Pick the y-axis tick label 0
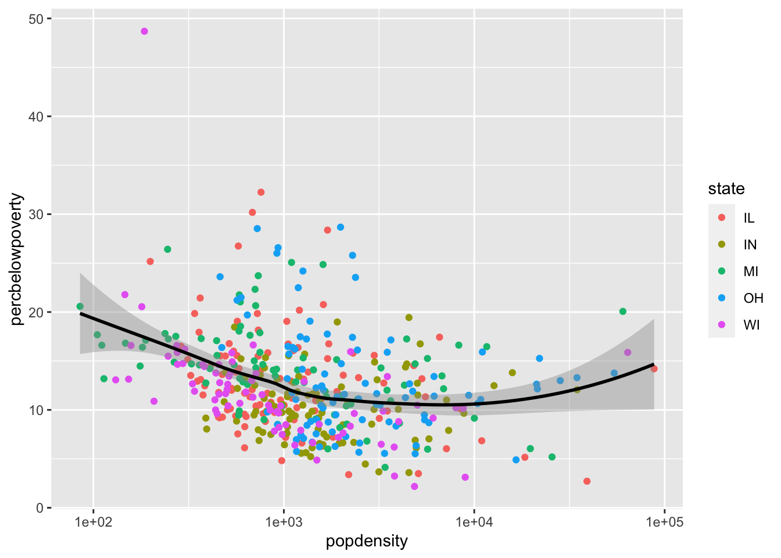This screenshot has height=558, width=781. (40, 508)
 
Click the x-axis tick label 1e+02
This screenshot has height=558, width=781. (93, 522)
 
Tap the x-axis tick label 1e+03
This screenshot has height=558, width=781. (284, 522)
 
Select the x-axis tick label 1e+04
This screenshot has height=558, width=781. (474, 522)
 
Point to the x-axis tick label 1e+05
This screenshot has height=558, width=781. (664, 522)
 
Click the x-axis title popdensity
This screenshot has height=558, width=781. (367, 542)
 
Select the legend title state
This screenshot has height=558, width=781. (726, 189)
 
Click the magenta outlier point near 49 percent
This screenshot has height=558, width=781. (144, 31)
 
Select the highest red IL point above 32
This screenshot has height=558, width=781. (261, 192)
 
